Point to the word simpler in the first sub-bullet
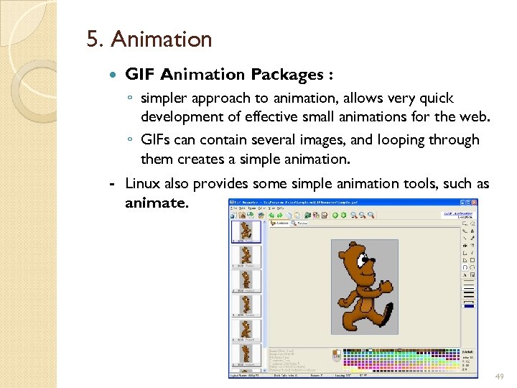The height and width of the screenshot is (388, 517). pyautogui.click(x=166, y=98)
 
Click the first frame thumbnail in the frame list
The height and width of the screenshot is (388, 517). pyautogui.click(x=246, y=231)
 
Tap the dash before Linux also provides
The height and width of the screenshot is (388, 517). pyautogui.click(x=112, y=185)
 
